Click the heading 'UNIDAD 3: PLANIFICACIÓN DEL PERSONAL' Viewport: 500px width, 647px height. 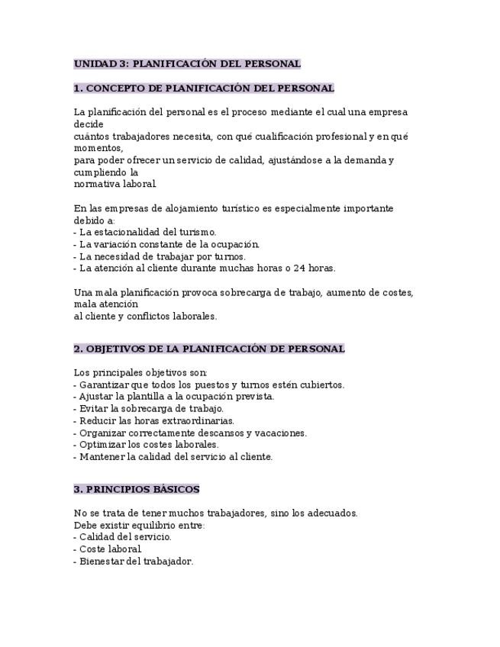click(187, 63)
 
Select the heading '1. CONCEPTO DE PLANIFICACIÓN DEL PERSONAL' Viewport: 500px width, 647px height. click(204, 88)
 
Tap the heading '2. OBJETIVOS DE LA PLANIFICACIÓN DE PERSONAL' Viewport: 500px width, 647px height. click(209, 349)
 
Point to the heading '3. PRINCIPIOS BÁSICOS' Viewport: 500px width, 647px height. click(137, 489)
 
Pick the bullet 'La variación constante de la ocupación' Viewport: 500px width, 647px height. click(169, 244)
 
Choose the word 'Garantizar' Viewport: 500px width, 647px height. click(104, 385)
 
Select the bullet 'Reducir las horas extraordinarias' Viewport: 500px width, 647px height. click(156, 420)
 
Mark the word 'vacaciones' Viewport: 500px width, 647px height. click(282, 433)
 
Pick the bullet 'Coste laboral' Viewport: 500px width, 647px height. click(109, 549)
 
